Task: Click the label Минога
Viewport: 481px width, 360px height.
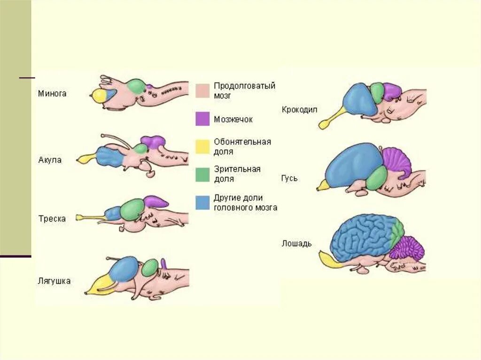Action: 52,93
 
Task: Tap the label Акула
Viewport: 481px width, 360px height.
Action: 50,160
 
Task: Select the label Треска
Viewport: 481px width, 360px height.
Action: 52,219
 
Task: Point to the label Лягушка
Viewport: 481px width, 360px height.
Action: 54,281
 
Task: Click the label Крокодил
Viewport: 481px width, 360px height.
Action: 300,109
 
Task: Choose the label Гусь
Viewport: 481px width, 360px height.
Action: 289,178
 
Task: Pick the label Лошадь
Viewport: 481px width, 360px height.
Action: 296,243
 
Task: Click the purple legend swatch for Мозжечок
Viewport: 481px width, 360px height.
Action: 202,119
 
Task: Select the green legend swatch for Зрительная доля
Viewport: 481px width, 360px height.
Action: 202,175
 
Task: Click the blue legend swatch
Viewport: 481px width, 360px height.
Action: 202,202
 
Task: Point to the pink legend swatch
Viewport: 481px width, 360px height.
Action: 202,91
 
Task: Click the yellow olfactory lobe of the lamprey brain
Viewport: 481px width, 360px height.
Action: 99,95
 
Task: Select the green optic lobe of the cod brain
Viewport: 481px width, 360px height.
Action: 132,209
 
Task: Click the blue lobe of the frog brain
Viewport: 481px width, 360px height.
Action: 124,269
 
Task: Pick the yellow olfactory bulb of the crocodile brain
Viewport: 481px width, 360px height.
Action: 326,123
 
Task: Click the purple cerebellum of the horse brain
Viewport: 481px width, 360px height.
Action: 407,248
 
